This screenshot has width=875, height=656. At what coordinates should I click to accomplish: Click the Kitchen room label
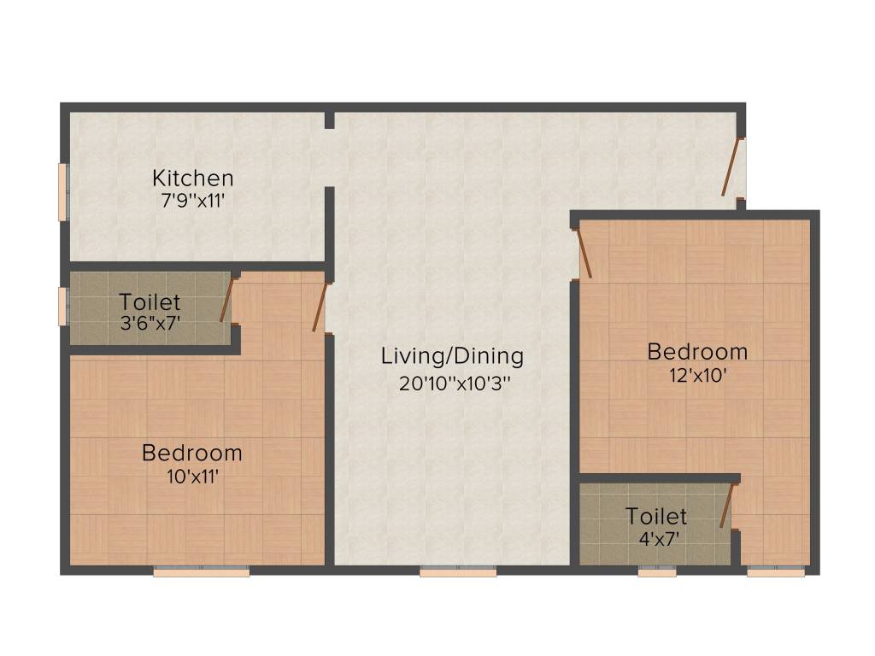click(192, 179)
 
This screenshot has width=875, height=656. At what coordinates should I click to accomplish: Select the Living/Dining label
click(452, 355)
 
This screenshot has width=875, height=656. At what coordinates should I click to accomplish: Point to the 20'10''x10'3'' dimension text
click(454, 383)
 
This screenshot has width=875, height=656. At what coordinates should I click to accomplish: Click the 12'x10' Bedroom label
click(696, 351)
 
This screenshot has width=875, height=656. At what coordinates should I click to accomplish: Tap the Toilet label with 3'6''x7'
click(150, 302)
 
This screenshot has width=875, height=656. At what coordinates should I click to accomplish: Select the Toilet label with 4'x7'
click(655, 516)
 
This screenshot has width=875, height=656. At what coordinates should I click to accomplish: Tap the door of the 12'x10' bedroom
click(585, 253)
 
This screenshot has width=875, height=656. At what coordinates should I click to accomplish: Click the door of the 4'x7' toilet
click(728, 505)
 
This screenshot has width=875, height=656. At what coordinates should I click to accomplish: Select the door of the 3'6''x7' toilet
click(226, 299)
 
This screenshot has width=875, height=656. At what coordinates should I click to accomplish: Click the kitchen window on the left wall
click(62, 191)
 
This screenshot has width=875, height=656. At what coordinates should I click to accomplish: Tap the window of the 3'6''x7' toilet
click(62, 307)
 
